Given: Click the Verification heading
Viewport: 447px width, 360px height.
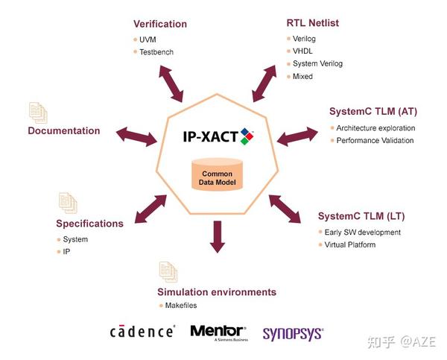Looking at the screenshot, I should (x=159, y=24).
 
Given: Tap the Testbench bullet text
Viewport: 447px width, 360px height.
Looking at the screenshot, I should (x=156, y=52).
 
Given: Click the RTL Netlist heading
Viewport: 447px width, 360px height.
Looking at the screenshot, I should (x=312, y=23).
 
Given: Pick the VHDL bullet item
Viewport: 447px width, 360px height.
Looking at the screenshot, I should (x=303, y=51).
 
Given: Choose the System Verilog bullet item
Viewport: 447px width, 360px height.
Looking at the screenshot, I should (x=318, y=64).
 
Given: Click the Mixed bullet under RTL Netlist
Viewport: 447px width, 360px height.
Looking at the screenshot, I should (x=302, y=77).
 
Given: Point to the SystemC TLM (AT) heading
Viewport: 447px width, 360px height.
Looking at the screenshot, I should (x=372, y=112).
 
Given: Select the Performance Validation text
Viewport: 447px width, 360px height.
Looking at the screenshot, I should (x=375, y=140).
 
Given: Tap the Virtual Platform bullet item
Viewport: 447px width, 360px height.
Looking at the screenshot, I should (x=349, y=244).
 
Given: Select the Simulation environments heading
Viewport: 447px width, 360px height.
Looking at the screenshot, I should (x=216, y=292).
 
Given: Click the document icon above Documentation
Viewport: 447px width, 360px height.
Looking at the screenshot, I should (x=38, y=113).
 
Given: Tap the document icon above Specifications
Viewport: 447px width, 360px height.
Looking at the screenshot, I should (x=67, y=201).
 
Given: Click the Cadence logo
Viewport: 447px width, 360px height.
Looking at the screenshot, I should (x=142, y=332).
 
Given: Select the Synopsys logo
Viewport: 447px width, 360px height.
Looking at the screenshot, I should (x=292, y=333).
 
